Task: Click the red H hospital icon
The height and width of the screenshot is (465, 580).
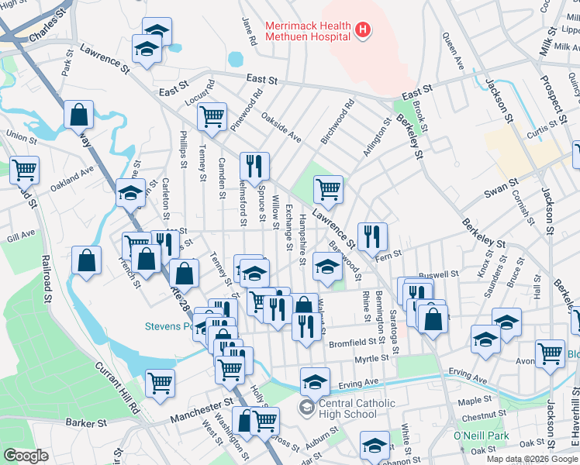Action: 362,31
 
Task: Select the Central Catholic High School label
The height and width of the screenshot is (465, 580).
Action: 348,408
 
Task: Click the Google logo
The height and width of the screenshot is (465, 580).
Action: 26,456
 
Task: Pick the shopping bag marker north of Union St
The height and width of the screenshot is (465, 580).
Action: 79,115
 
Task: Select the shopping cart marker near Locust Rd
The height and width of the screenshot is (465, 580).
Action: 212,116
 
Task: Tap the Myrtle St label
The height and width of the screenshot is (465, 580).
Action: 371,358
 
